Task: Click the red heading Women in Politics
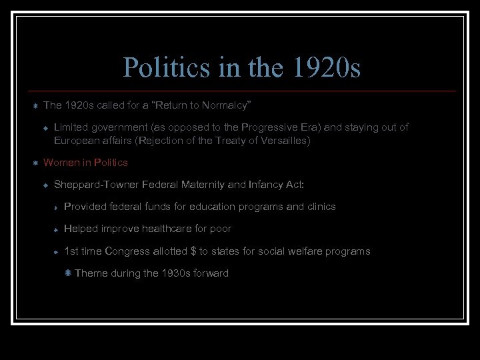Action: point(85,162)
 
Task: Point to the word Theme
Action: point(90,273)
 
